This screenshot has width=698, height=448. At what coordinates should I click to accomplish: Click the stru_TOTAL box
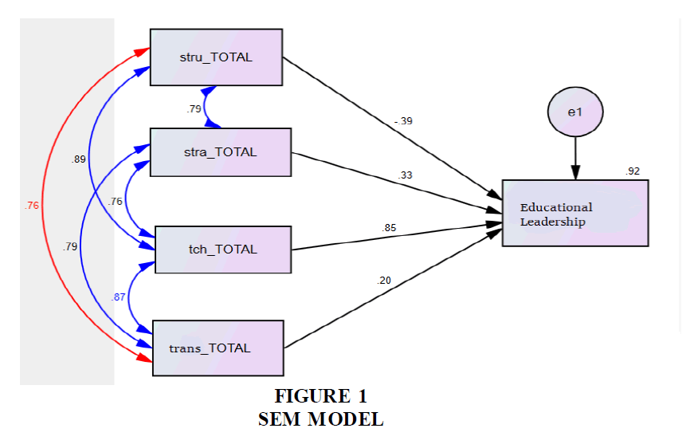coord(216,57)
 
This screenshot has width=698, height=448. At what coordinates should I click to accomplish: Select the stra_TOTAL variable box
coord(221,152)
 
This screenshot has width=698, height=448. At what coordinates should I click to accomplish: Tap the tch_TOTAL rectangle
coord(222,250)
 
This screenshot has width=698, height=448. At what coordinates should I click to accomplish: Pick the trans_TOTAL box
coord(218,348)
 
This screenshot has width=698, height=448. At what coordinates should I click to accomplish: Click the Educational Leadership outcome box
coord(574,214)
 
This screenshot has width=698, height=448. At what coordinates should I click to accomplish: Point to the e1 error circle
coord(574,112)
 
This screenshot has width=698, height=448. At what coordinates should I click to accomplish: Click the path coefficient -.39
coord(403,121)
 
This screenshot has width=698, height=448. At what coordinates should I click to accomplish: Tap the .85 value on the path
coord(390,228)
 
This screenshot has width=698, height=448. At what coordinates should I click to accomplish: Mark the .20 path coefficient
coord(385,280)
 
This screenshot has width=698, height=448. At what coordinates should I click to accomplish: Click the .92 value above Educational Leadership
coord(633,171)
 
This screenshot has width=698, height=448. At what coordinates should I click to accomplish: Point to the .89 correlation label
coord(78,159)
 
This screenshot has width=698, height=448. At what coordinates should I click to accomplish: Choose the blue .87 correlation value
coord(119,297)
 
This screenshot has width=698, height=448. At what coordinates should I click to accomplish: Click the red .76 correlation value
coord(32,206)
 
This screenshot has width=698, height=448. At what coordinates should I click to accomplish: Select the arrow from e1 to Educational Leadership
coord(574,159)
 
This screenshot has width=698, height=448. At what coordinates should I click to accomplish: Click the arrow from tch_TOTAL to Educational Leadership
coord(398,237)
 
